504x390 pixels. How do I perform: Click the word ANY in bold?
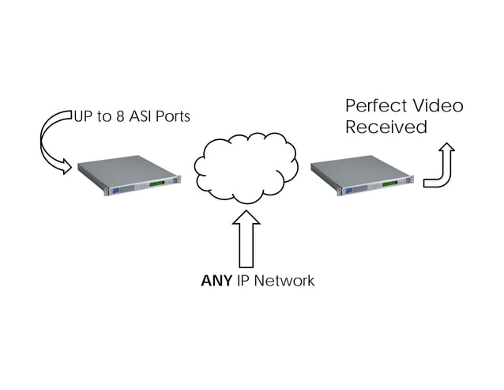tap(216, 281)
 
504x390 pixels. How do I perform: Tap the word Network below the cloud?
tap(284, 281)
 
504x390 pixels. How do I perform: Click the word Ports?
tap(174, 117)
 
